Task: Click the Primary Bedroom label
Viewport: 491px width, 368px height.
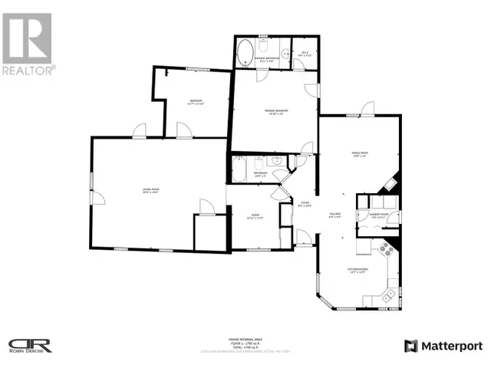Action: coord(276,112)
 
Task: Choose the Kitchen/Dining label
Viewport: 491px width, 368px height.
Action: coord(358,270)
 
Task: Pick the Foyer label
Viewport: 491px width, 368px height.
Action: coord(305,204)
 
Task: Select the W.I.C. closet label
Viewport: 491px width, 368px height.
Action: coord(302,54)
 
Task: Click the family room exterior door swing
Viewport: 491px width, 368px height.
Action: coord(368,108)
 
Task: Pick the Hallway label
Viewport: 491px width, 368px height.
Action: coord(335,215)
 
